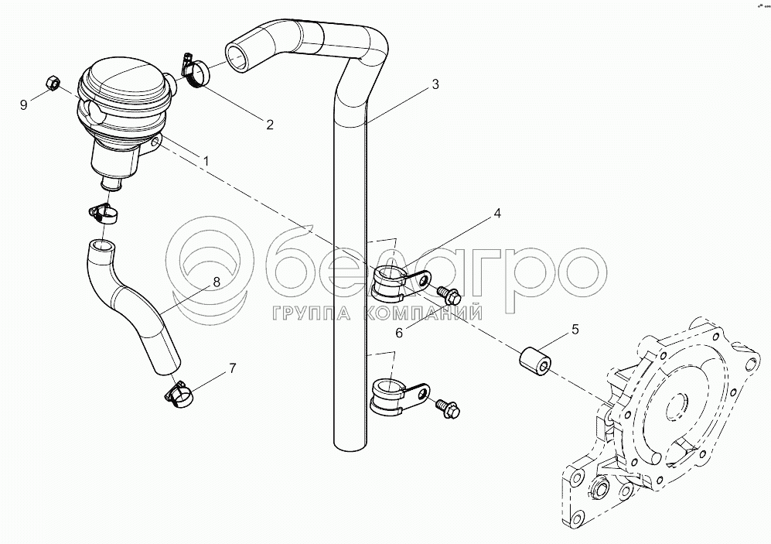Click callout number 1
[206, 161]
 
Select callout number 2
[269, 125]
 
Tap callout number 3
[435, 84]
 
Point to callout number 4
[497, 214]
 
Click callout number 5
[575, 329]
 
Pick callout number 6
[399, 333]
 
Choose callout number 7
[233, 368]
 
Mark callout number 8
[216, 282]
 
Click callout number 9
[24, 104]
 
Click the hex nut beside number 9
[52, 83]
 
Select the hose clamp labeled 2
[195, 71]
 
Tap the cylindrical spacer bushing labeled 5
[535, 361]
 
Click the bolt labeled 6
[449, 296]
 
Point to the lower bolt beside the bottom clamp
[448, 408]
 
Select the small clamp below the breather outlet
[104, 214]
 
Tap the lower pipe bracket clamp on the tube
[398, 395]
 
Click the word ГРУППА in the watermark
[311, 313]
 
